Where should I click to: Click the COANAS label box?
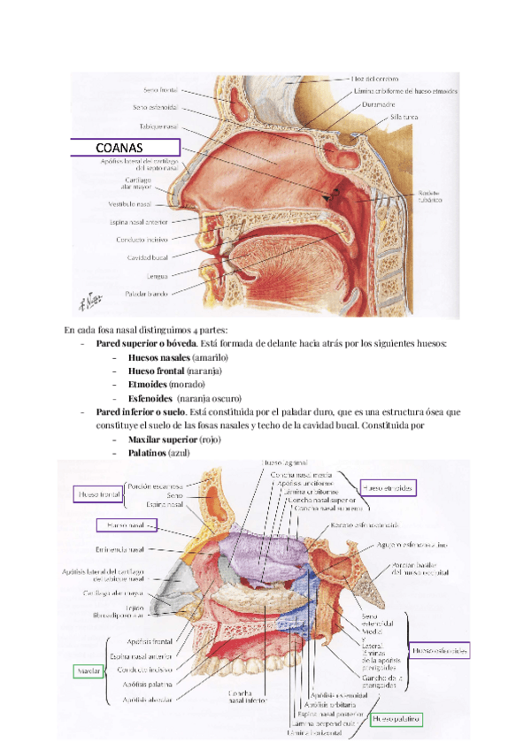[x=125, y=147]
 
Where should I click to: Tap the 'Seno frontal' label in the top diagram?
[x=161, y=90]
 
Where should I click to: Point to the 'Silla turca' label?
[x=391, y=116]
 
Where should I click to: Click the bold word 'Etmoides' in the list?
[x=147, y=385]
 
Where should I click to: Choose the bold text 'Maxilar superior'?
[x=163, y=440]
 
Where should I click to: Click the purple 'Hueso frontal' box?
[x=97, y=494]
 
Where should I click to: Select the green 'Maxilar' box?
[x=88, y=671]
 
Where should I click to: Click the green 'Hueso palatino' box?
[x=396, y=719]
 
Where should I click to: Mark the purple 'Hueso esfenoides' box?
[x=440, y=651]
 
